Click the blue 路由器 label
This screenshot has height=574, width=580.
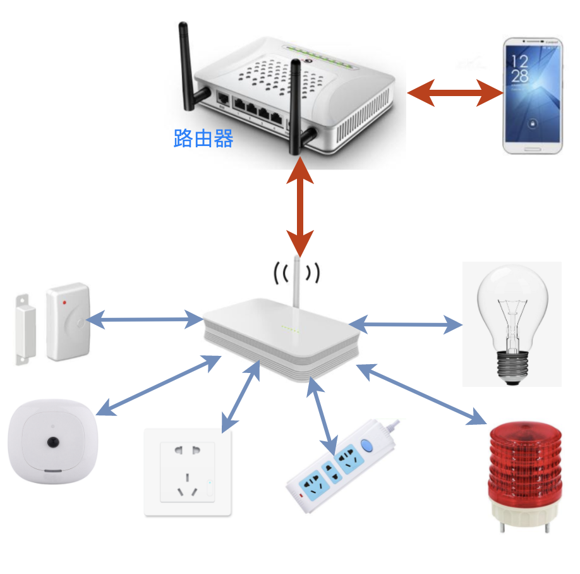[203, 138]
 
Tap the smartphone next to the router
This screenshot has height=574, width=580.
[533, 95]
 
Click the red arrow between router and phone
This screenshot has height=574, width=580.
[456, 93]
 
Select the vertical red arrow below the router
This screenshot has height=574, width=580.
[300, 207]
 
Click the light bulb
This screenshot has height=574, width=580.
[512, 324]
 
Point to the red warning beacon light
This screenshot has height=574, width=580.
[526, 477]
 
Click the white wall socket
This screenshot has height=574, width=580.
[188, 472]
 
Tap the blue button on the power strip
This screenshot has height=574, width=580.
[366, 445]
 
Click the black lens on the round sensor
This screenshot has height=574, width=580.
[53, 442]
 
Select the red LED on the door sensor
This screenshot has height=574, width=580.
[64, 302]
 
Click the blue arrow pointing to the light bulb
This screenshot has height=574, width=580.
[406, 324]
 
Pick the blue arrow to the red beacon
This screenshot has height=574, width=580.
[421, 394]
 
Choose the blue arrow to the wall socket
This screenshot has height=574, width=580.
[241, 396]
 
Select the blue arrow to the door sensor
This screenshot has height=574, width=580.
[145, 319]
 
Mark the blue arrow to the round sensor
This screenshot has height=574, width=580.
[159, 385]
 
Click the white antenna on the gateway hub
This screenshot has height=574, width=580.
[296, 282]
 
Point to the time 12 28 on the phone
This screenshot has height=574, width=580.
[519, 69]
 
